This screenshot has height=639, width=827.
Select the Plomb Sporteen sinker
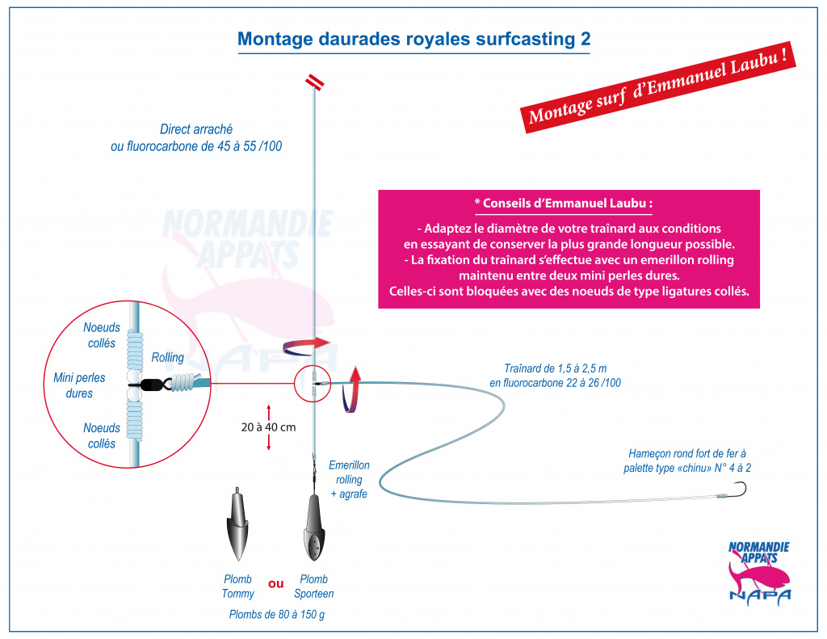point(314,528)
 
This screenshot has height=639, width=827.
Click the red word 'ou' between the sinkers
point(276,584)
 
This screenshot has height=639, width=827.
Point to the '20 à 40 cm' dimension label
point(268,427)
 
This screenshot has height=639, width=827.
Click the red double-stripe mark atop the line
point(315,82)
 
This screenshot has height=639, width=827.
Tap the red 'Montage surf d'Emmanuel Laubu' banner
point(658,87)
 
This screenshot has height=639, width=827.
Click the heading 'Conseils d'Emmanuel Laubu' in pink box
point(563,204)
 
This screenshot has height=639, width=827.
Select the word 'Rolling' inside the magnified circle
point(168,357)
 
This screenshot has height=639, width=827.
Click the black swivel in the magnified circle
point(157,384)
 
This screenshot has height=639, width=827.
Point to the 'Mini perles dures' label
point(79,385)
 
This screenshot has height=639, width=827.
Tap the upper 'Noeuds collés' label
point(102,335)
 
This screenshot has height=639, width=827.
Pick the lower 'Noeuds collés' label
point(102,435)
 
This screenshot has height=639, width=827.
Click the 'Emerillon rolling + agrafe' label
point(349,479)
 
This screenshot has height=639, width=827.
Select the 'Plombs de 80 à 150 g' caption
point(277,614)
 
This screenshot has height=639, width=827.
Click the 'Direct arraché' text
point(196,129)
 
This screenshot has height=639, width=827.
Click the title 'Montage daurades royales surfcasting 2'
point(414,39)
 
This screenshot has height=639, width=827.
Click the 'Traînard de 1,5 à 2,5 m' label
point(556,368)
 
